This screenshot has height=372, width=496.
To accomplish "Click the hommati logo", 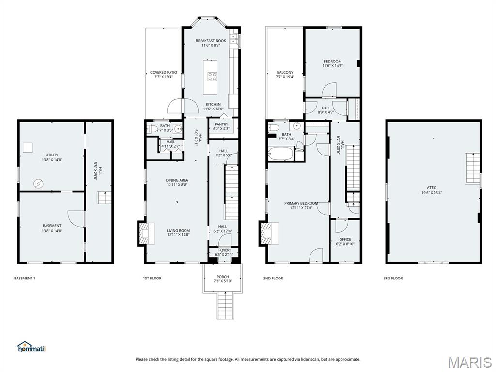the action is point(31,347).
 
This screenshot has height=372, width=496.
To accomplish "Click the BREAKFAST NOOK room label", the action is point(211,41).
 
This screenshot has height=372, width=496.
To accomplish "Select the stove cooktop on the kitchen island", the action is point(212,76).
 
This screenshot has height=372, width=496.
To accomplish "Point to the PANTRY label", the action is point(221,124).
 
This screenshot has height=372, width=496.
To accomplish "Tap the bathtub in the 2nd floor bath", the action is point(281,155).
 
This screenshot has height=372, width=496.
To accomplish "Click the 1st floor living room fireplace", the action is point(146,233).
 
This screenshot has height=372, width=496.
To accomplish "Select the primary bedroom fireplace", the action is point(268,233).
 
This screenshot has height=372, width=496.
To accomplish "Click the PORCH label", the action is point(223,277).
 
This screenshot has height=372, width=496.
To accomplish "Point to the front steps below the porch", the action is point(226,306).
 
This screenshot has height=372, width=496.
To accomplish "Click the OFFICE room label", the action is point(345,239).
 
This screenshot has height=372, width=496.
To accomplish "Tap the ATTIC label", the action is point(432,188).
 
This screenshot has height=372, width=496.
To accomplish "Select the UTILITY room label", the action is point(52,155).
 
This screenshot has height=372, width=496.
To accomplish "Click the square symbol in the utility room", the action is point(28,148).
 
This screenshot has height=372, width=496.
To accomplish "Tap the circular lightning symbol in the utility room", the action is point(38,183).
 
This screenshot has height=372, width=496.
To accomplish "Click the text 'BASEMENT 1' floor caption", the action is point(25,279).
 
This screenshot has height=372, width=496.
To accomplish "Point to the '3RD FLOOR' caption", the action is point(393,279).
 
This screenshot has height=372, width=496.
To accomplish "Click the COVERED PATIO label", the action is point(164,73).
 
